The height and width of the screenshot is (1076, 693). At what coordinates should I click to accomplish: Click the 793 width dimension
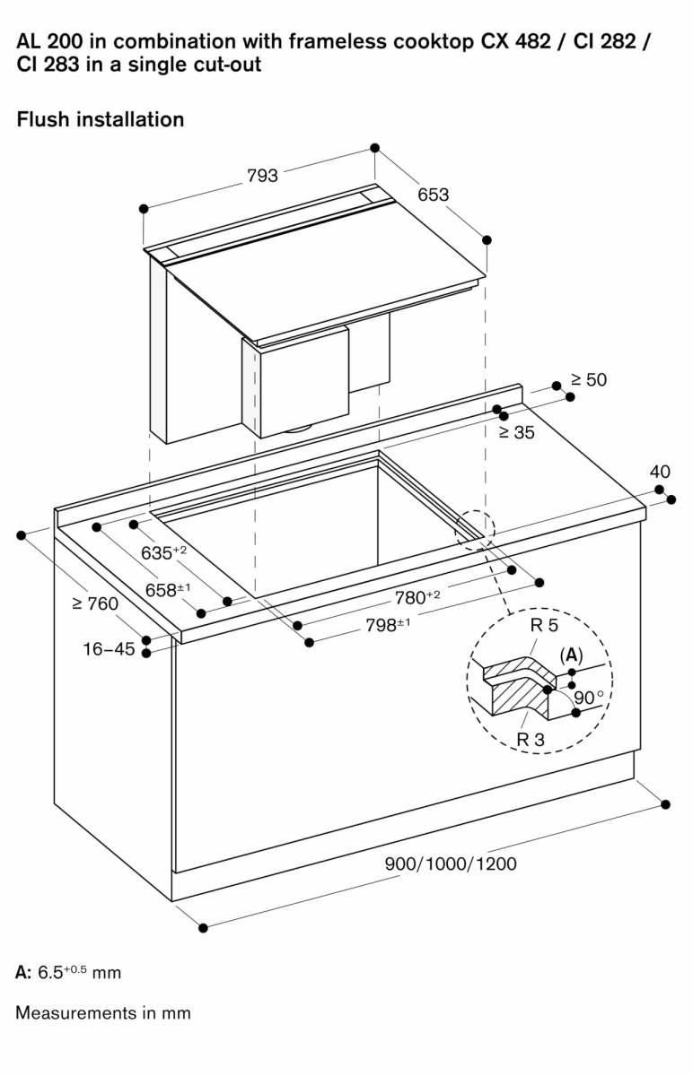[x=262, y=176]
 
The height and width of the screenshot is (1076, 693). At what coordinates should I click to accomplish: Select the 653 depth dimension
[x=433, y=195]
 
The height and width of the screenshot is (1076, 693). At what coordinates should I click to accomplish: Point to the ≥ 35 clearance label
[x=516, y=432]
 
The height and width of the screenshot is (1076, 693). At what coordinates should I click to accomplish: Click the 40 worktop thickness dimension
[x=660, y=472]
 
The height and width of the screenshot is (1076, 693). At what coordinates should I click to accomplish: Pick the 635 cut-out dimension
[x=162, y=552]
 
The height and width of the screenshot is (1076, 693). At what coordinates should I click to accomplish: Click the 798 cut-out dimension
[x=387, y=625]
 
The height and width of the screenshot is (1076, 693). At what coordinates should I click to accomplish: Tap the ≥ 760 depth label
[x=95, y=603]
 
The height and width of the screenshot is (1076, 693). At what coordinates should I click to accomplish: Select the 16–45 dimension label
[x=109, y=648]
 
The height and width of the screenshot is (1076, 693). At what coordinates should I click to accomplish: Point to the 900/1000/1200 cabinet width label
[x=450, y=863]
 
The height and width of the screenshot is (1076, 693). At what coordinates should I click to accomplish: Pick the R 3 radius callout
[x=532, y=740]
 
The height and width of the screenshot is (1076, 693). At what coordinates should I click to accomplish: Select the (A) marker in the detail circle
[x=571, y=655]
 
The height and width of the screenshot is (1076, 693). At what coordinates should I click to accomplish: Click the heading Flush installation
[x=101, y=118]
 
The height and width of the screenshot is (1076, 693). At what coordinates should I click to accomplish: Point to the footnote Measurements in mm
[x=103, y=1013]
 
